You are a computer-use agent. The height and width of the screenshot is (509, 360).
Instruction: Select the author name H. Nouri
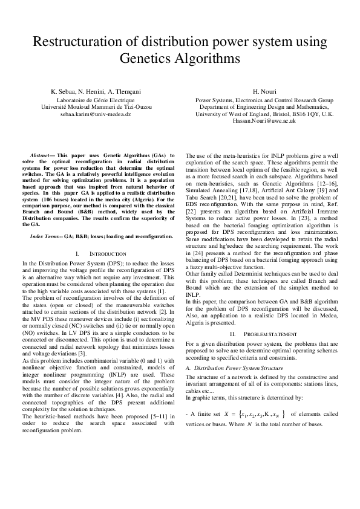tap(264, 91)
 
